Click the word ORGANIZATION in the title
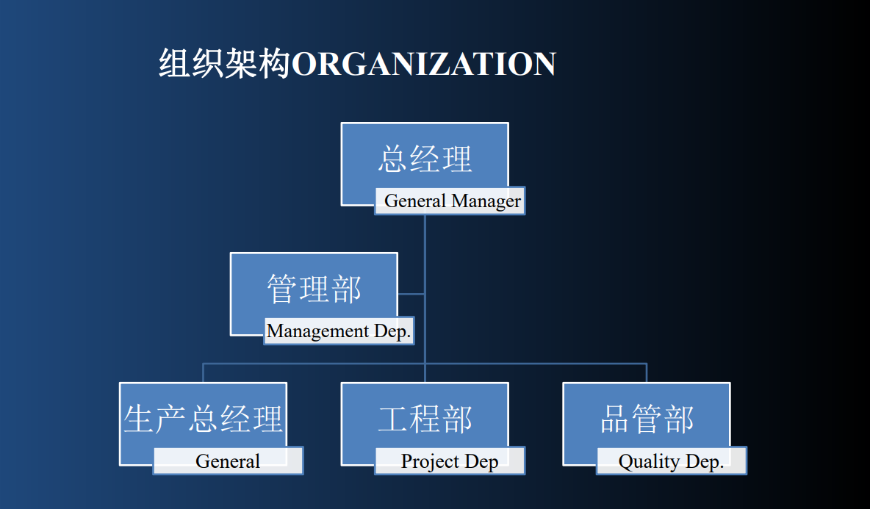pyautogui.click(x=424, y=65)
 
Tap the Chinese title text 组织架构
pyautogui.click(x=225, y=63)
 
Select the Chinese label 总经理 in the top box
pyautogui.click(x=425, y=159)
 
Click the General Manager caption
pyautogui.click(x=453, y=201)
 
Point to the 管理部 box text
pyautogui.click(x=314, y=289)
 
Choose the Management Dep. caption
pyautogui.click(x=339, y=331)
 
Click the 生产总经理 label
pyautogui.click(x=203, y=419)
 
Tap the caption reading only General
pyautogui.click(x=228, y=461)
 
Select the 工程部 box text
pyautogui.click(x=425, y=419)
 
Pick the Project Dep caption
pyautogui.click(x=450, y=461)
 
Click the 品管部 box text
pyautogui.click(x=647, y=419)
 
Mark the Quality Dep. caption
pyautogui.click(x=672, y=461)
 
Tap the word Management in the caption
pyautogui.click(x=318, y=331)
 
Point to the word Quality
pyautogui.click(x=649, y=461)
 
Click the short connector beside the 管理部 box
pyautogui.click(x=411, y=294)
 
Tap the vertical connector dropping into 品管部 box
pyautogui.click(x=647, y=373)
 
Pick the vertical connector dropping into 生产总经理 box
pyautogui.click(x=203, y=373)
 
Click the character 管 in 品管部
pyautogui.click(x=647, y=419)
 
